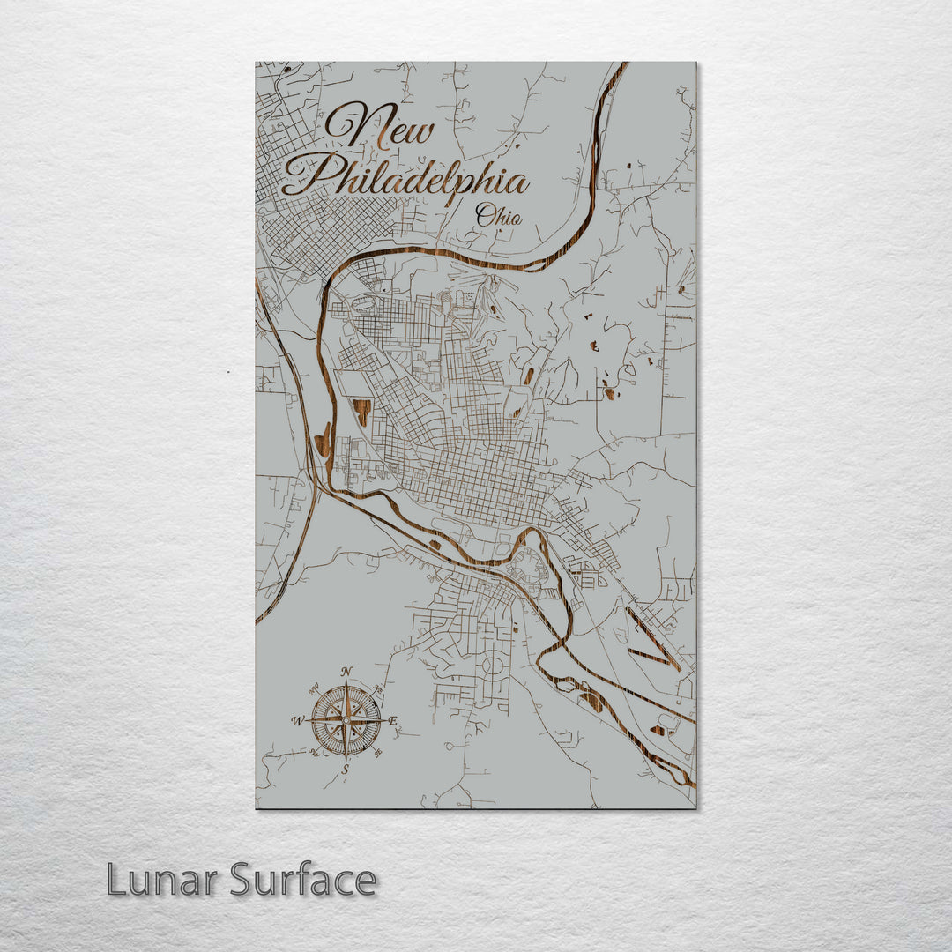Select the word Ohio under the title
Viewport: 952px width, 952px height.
point(498,215)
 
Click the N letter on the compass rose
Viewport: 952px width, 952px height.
point(346,672)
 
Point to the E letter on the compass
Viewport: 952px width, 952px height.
point(393,722)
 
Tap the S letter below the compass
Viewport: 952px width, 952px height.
point(346,770)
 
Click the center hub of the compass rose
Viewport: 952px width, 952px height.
point(346,720)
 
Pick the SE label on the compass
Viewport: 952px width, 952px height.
point(378,753)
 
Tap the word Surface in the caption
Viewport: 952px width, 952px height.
point(303,880)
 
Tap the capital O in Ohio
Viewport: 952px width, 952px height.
point(485,213)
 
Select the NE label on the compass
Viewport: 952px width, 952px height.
point(378,688)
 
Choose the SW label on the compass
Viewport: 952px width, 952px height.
point(314,753)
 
